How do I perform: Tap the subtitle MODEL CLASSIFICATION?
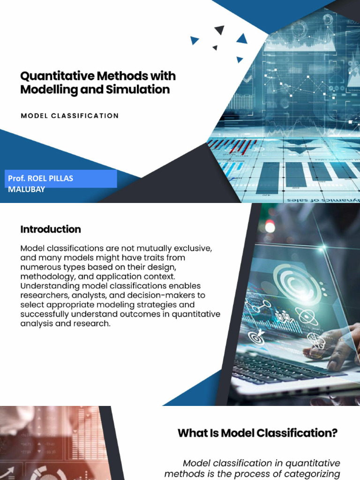click(70, 116)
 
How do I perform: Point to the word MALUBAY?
click(27, 189)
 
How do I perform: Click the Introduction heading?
click(51, 229)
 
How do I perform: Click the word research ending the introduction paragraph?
click(92, 323)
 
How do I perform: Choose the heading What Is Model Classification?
click(257, 433)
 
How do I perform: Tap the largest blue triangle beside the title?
click(242, 38)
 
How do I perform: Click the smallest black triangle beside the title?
click(215, 47)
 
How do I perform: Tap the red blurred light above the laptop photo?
click(270, 226)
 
